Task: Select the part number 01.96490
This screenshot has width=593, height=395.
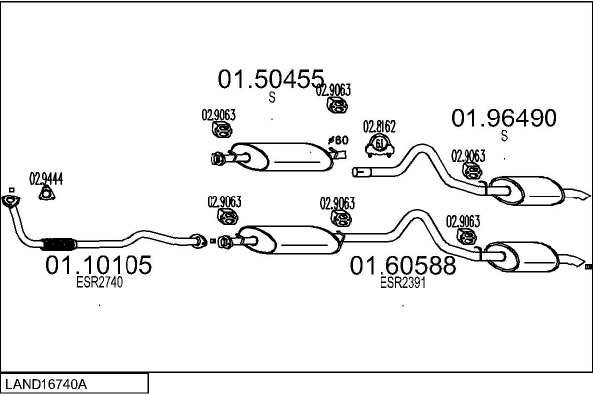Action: [504, 118]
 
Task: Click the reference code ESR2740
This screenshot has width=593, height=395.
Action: [98, 281]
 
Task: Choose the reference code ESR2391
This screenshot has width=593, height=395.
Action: [401, 281]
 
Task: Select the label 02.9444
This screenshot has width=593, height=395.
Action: [45, 179]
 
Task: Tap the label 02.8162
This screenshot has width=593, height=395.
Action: [379, 126]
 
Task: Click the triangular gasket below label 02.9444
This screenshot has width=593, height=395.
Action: [45, 195]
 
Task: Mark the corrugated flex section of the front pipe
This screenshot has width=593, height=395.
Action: [60, 242]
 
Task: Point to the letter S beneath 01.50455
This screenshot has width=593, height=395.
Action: [272, 97]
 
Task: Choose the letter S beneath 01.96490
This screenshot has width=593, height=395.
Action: [504, 136]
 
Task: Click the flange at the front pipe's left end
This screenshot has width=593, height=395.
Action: [12, 202]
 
